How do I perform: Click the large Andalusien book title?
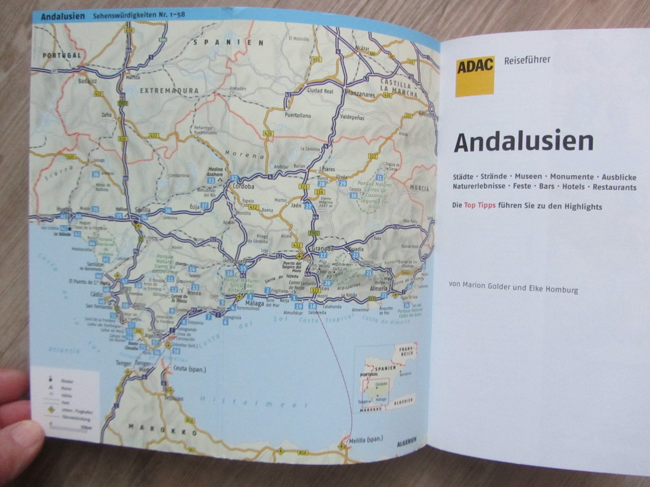[x=523, y=142]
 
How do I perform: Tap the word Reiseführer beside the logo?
[x=527, y=60]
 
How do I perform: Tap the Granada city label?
[x=322, y=249]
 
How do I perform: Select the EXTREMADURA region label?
[x=169, y=91]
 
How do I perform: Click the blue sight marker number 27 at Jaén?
[x=308, y=207]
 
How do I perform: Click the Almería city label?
[x=378, y=289]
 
